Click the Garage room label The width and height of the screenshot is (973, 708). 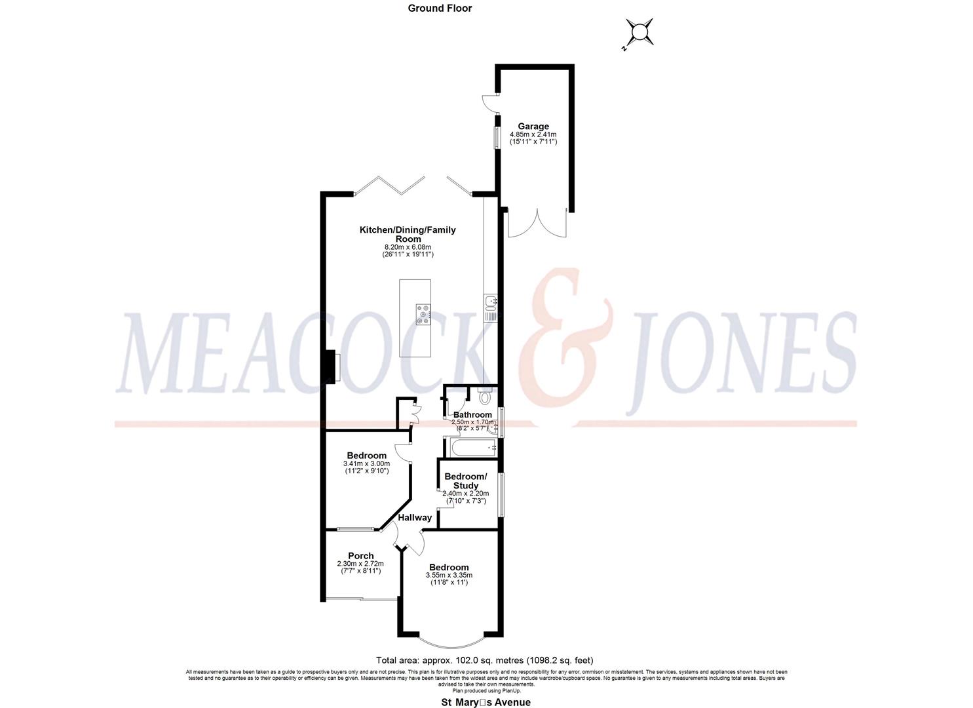pos(533,127)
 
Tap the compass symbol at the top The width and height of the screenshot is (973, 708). pos(638,32)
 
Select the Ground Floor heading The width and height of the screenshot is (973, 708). pos(440,9)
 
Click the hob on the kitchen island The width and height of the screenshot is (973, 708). pos(423,315)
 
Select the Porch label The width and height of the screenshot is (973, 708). pos(360,555)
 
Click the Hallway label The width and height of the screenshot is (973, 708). pos(415,517)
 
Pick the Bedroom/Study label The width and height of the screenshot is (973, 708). pos(465,481)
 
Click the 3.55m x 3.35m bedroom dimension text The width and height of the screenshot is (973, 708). pos(449,575)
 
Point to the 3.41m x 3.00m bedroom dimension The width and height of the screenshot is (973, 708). pos(366,463)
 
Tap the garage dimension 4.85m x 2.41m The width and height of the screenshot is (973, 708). pos(533,135)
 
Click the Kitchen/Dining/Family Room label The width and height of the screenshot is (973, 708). pos(407,234)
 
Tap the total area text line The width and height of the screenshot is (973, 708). pos(484,660)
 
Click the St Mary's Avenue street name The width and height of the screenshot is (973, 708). pos(484,702)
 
